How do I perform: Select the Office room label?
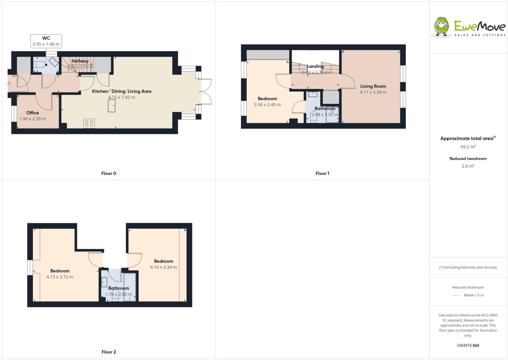pyautogui.click(x=33, y=113)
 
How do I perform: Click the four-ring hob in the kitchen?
pyautogui.click(x=89, y=124)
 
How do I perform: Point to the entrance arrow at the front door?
pyautogui.click(x=8, y=83)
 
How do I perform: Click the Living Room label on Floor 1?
pyautogui.click(x=373, y=86)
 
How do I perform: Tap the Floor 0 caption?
pyautogui.click(x=109, y=173)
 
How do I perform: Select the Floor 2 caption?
pyautogui.click(x=109, y=352)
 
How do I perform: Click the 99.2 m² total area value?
pyautogui.click(x=468, y=147)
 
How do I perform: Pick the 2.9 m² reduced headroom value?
pyautogui.click(x=468, y=166)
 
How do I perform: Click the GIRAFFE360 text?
pyautogui.click(x=468, y=345)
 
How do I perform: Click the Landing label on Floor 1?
pyautogui.click(x=315, y=67)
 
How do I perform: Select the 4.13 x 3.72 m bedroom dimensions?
pyautogui.click(x=60, y=277)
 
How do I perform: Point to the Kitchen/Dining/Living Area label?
pyautogui.click(x=122, y=91)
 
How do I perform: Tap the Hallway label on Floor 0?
pyautogui.click(x=80, y=61)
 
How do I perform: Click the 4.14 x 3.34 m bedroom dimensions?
pyautogui.click(x=163, y=267)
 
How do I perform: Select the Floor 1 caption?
pyautogui.click(x=323, y=173)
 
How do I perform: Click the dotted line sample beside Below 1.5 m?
pyautogui.click(x=457, y=296)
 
